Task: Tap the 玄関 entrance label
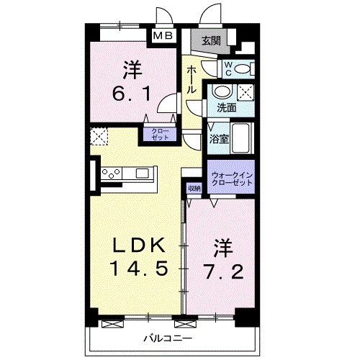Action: click(210, 41)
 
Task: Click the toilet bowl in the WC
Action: click(244, 69)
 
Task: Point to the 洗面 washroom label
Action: click(227, 108)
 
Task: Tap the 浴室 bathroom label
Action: click(220, 138)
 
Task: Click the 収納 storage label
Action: click(193, 189)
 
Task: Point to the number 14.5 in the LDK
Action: click(140, 269)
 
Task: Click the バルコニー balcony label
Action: click(166, 338)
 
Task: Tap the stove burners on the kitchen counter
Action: click(112, 173)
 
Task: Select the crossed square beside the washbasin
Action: click(246, 92)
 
